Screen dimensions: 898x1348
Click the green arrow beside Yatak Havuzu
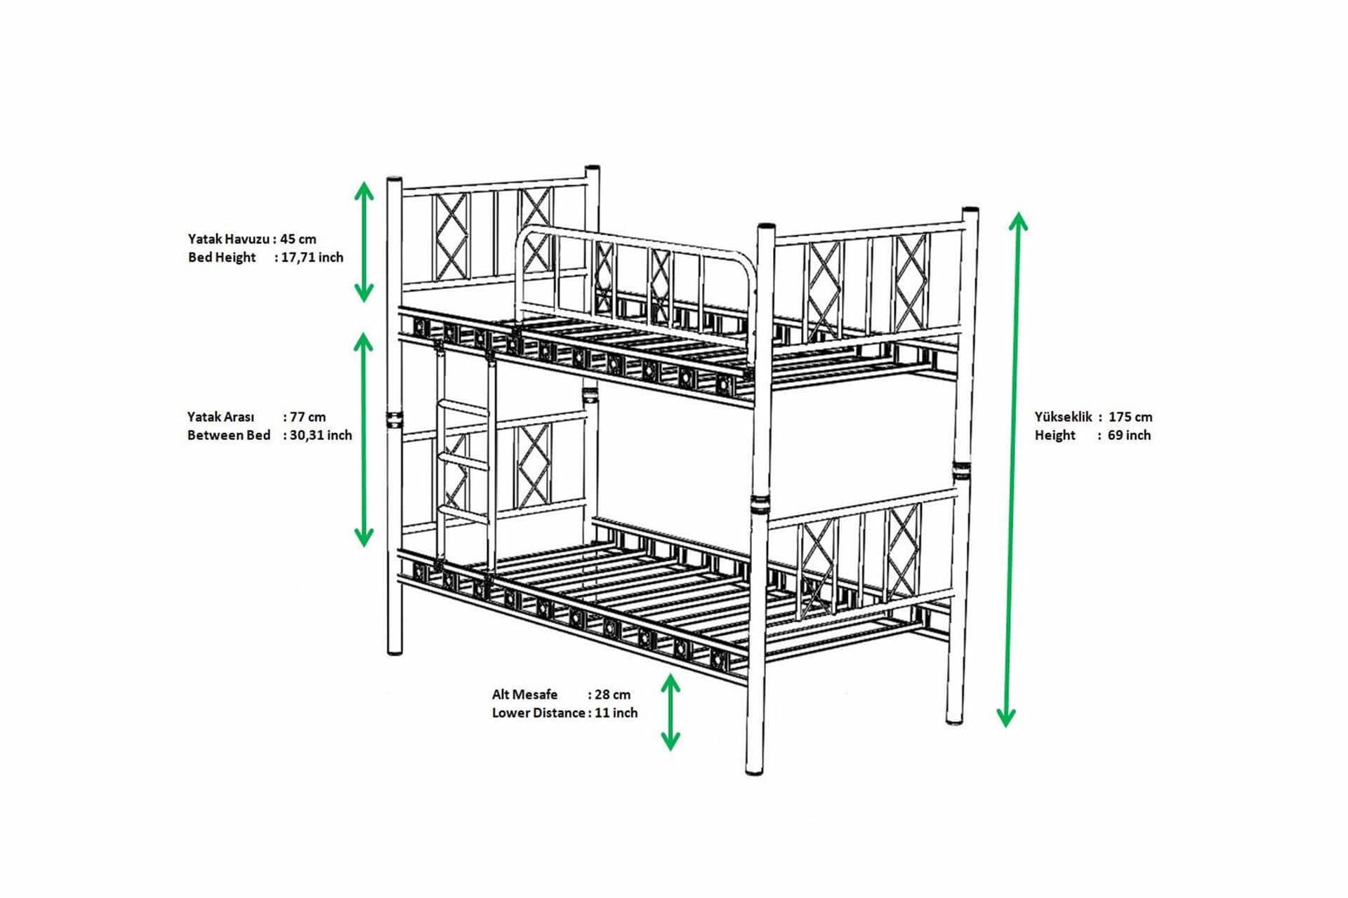[x=363, y=241]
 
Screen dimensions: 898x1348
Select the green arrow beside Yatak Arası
[x=363, y=439]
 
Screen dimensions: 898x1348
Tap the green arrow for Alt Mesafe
[x=670, y=712]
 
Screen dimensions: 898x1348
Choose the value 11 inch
[x=616, y=713]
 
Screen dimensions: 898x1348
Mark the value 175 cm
[x=1130, y=417]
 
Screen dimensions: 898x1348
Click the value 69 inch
[x=1129, y=435]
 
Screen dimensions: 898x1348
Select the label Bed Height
[x=222, y=257]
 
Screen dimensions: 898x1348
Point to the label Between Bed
[x=229, y=435]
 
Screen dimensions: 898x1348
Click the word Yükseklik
[x=1063, y=417]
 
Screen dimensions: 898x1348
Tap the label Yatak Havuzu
[x=229, y=239]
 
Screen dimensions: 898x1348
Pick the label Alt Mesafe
[x=524, y=695]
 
